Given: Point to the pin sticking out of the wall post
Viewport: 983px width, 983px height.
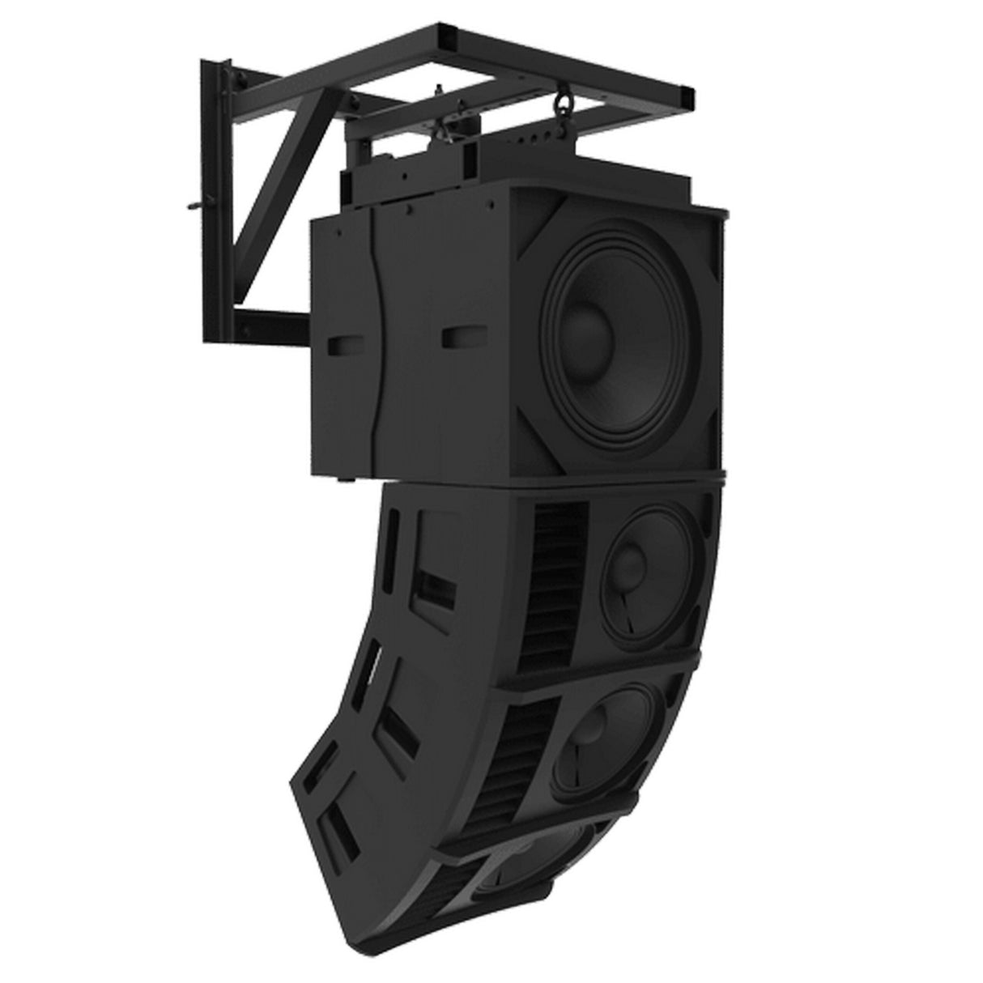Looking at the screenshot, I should click(x=188, y=209).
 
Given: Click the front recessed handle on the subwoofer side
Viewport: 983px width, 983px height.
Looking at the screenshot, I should click(x=460, y=338).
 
